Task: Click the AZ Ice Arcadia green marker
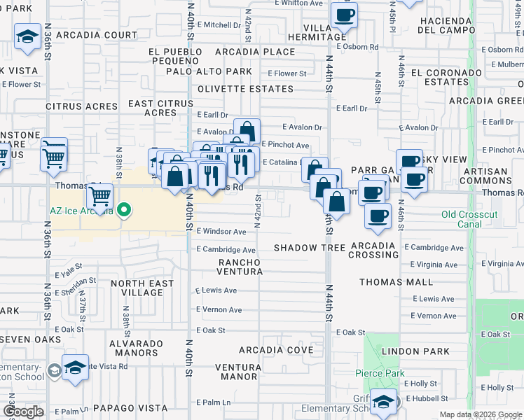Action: coord(124,209)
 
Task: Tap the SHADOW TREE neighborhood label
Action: coord(309,248)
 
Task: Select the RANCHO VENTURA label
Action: coord(239,267)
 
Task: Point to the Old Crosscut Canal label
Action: coord(461,219)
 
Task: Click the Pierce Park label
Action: coord(379,373)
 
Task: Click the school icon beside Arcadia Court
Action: coord(27,36)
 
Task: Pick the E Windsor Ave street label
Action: coord(221,232)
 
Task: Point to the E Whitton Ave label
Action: coord(298,3)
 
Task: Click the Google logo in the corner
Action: coord(23,412)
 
